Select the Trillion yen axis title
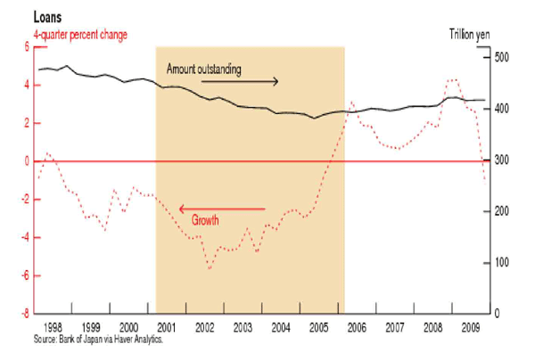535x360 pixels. click(x=471, y=33)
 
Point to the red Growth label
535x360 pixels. click(x=204, y=218)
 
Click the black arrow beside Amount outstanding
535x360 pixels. click(x=239, y=81)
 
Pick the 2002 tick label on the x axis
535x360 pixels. click(x=204, y=328)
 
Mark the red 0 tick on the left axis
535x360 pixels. click(x=26, y=161)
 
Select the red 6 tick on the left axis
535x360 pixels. click(x=26, y=47)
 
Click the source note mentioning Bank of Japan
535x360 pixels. click(x=98, y=340)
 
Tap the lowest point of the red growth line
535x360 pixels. click(x=210, y=268)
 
